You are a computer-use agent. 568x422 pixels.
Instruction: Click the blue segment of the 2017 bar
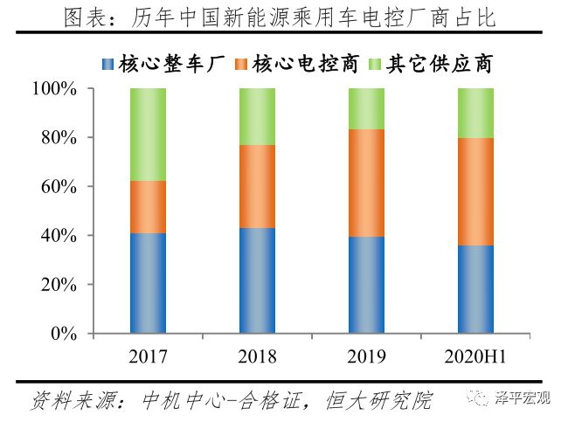coord(148,283)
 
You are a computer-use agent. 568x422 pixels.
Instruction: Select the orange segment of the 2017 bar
coord(148,207)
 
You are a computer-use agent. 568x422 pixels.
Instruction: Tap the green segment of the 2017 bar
coord(148,135)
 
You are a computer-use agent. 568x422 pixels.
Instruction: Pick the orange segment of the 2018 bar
coord(257,186)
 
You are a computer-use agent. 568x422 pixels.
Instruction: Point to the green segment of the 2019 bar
coord(366,108)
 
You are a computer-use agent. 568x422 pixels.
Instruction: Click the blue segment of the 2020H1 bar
coord(475,289)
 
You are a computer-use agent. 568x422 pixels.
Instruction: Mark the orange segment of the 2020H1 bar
coord(475,191)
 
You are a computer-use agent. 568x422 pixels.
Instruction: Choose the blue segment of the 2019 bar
coord(366,285)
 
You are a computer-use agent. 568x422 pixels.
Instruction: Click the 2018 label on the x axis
coord(257,356)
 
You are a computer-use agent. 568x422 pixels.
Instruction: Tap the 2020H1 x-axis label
coord(475,356)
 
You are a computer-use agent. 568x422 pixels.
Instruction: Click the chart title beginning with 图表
coord(285,18)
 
